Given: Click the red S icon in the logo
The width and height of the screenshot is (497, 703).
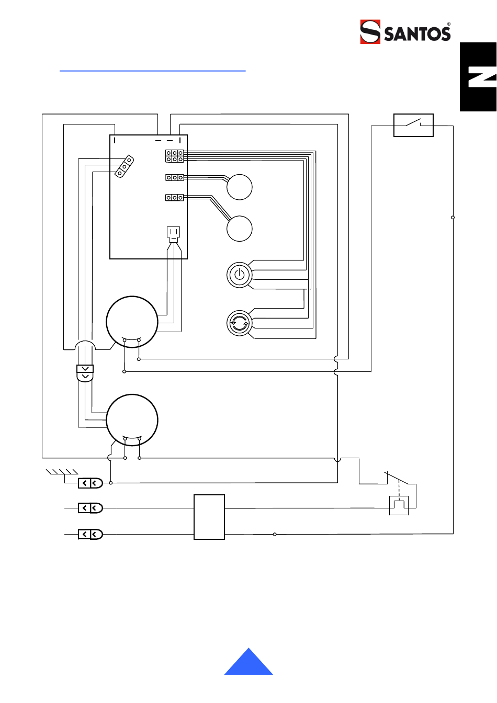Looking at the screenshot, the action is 370,32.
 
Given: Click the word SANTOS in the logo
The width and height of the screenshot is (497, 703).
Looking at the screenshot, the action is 417,33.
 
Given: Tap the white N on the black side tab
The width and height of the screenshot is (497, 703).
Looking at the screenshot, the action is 482,77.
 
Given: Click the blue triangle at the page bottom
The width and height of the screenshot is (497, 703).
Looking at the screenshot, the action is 249,661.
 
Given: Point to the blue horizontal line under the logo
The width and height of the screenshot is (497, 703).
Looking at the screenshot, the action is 153,71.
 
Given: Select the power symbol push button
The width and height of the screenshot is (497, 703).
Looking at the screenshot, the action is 239,275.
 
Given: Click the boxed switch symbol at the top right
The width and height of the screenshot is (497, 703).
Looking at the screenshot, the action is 413,125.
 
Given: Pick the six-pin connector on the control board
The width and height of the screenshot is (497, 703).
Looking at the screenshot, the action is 175,156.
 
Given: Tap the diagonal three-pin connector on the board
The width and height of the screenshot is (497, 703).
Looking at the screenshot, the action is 124,166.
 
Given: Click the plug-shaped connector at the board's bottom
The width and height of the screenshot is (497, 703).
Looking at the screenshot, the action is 173,234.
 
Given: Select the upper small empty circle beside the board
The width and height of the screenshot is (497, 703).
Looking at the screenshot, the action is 239,187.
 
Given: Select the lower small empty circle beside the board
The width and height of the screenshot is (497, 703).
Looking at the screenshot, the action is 239,229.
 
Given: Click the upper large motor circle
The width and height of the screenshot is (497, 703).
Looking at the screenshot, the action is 132,322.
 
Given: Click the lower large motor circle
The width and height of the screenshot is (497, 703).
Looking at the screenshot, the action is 132,420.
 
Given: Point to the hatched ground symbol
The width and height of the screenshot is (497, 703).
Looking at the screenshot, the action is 62,472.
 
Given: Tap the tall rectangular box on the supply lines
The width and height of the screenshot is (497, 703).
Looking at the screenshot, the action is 209,517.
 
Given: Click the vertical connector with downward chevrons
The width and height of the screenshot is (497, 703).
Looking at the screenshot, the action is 85,373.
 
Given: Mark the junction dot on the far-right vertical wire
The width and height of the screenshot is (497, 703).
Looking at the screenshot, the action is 453,217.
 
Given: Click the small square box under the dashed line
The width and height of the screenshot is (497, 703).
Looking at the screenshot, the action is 399,505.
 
